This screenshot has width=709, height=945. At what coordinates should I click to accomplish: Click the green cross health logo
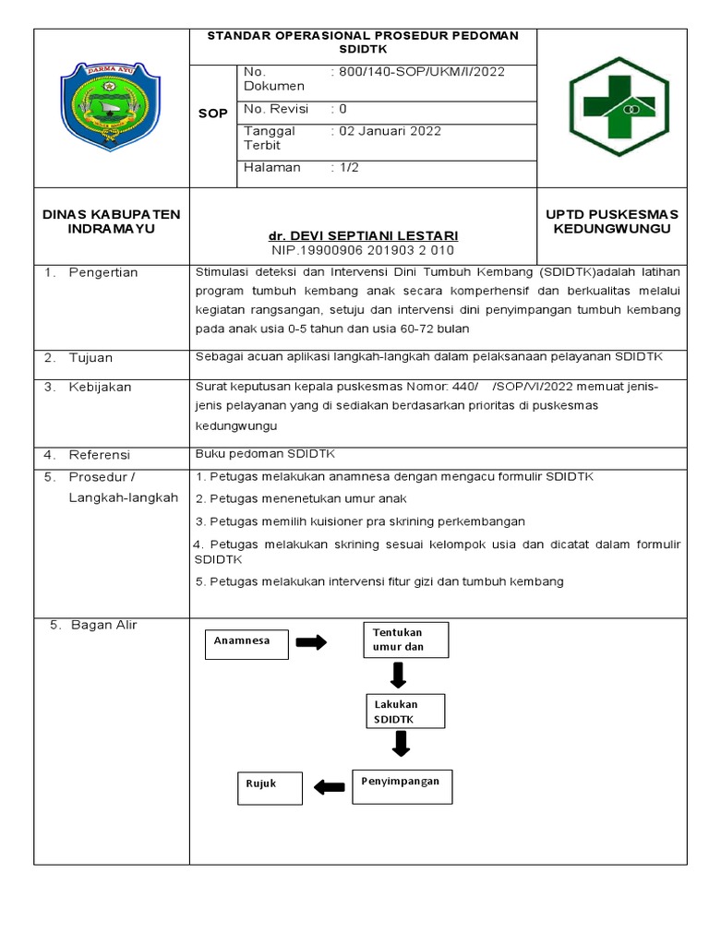click(x=618, y=107)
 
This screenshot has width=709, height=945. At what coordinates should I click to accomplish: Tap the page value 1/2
click(x=347, y=167)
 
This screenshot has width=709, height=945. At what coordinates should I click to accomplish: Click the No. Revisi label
click(x=277, y=109)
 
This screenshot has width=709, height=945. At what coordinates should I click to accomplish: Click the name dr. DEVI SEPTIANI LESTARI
click(x=363, y=235)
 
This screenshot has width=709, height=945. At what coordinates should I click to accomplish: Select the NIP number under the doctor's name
click(x=363, y=250)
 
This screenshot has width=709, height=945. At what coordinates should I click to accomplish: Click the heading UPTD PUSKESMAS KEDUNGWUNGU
click(x=611, y=221)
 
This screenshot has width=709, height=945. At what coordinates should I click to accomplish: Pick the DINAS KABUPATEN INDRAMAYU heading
click(x=112, y=221)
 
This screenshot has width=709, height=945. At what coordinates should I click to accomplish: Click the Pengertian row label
click(x=102, y=272)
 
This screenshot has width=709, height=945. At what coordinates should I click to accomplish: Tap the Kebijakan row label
click(x=100, y=387)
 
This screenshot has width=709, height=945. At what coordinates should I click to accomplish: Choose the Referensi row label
click(x=99, y=455)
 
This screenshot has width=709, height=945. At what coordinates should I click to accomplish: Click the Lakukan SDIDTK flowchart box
click(x=405, y=711)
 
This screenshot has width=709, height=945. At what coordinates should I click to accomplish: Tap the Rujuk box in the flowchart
click(x=268, y=785)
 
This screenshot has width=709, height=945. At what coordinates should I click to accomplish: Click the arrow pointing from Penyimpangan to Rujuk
click(x=328, y=786)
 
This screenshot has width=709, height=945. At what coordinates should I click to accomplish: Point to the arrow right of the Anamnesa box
click(x=311, y=642)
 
